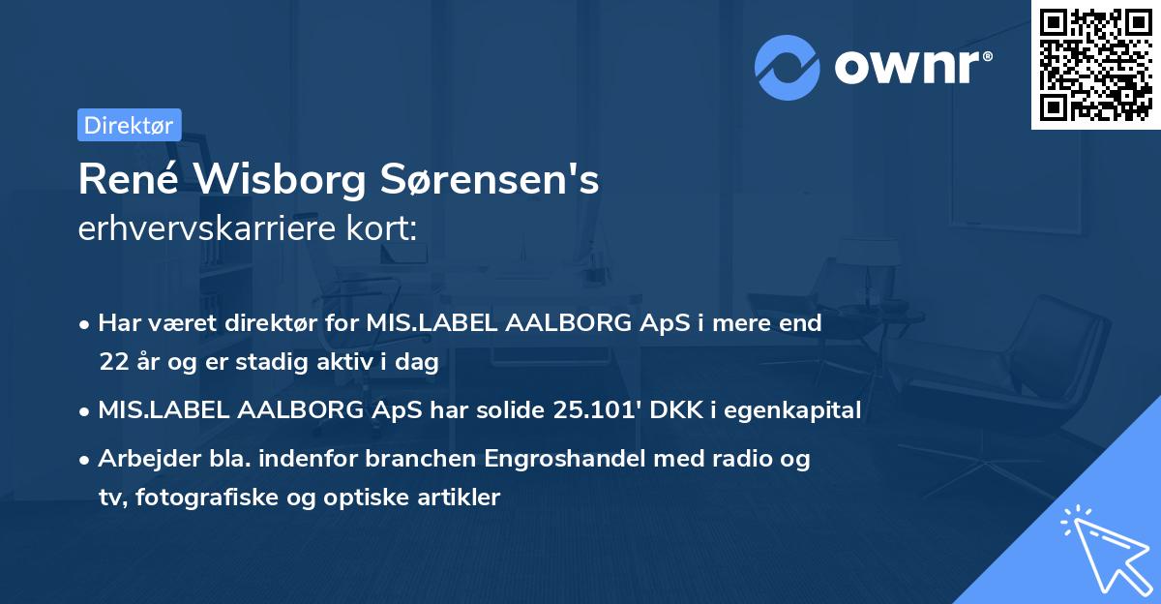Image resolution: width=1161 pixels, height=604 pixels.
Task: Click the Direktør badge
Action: [x=129, y=125]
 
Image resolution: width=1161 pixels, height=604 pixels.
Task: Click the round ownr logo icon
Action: [x=788, y=68]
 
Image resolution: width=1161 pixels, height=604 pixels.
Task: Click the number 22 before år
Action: [x=112, y=363]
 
